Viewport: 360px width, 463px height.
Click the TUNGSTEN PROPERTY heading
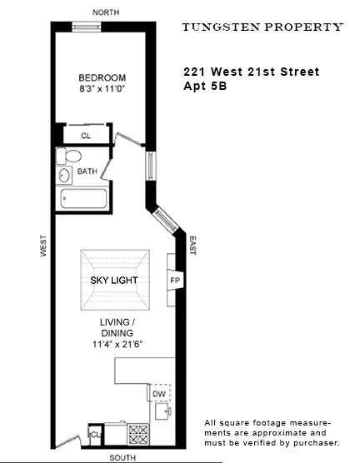point(262,27)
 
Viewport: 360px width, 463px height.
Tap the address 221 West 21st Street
point(251,72)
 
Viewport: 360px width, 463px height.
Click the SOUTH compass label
point(126,457)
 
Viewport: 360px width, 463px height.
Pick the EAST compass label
point(192,246)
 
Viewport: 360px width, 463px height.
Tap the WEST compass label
point(43,247)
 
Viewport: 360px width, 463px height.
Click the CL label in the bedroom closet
point(85,134)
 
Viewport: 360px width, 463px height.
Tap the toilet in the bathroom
point(71,157)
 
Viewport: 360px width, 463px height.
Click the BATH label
point(87,172)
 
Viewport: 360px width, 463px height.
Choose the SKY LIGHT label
point(114,281)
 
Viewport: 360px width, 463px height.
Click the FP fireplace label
point(175,281)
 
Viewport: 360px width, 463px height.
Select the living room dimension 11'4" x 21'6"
point(114,343)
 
